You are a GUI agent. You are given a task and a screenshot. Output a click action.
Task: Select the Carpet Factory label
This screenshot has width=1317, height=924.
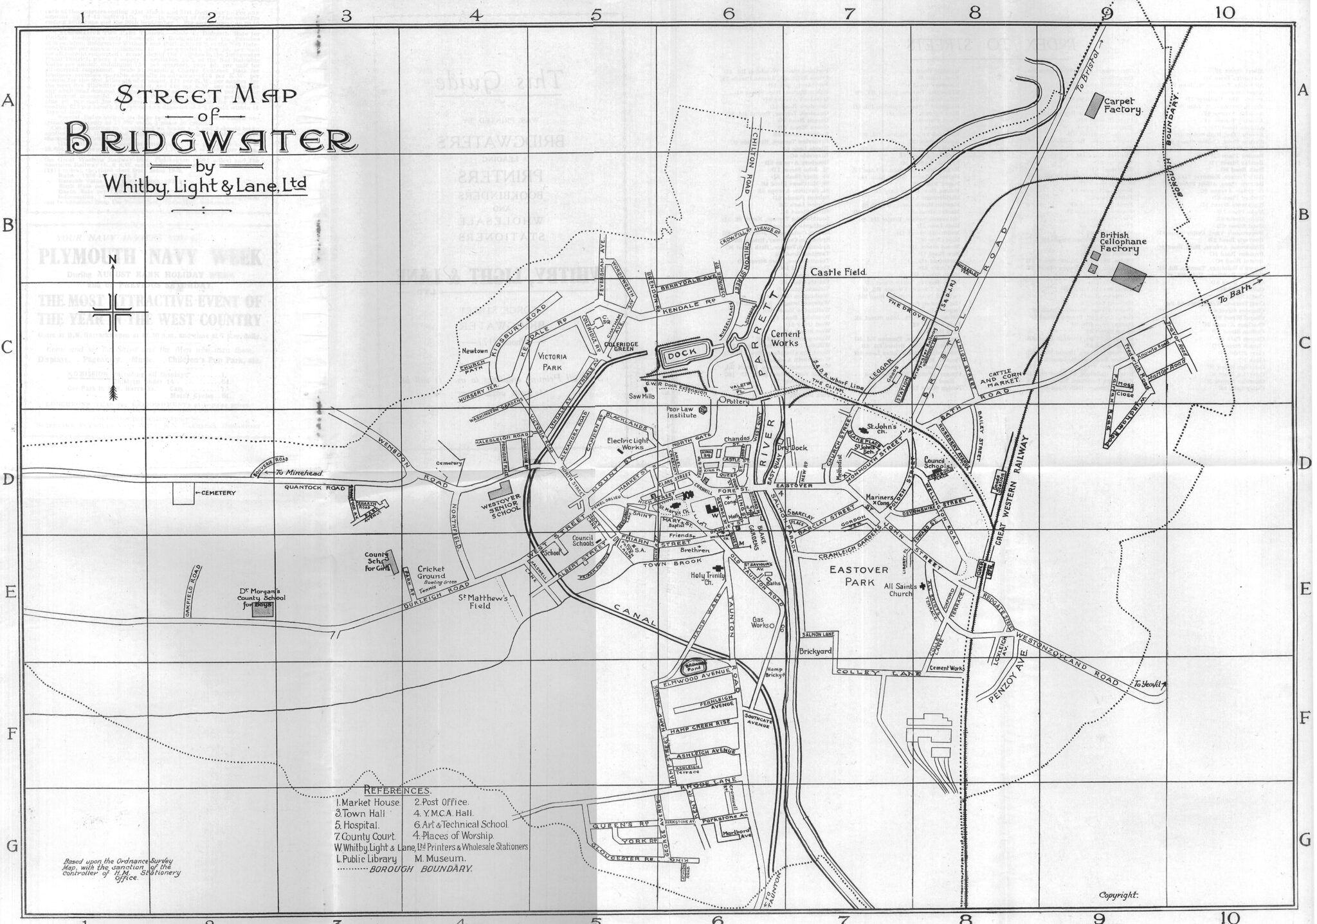click(1122, 105)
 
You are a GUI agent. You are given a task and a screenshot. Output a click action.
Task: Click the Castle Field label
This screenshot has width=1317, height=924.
click(839, 273)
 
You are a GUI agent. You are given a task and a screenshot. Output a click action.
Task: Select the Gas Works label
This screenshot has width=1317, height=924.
click(761, 624)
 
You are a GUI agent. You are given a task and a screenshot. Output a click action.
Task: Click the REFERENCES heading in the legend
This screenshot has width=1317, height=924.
click(397, 790)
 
